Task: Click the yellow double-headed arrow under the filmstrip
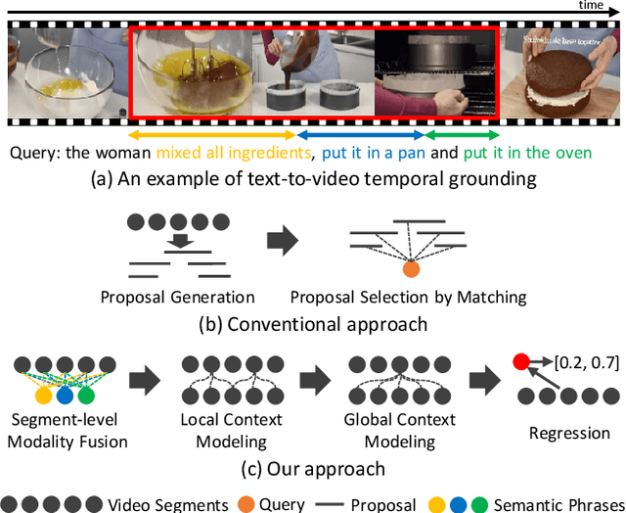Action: click(x=211, y=135)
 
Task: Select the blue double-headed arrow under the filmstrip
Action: click(x=360, y=135)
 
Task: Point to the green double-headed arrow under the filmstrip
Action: click(x=462, y=135)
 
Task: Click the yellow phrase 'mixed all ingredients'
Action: click(x=232, y=154)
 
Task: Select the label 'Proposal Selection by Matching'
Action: click(x=408, y=297)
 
